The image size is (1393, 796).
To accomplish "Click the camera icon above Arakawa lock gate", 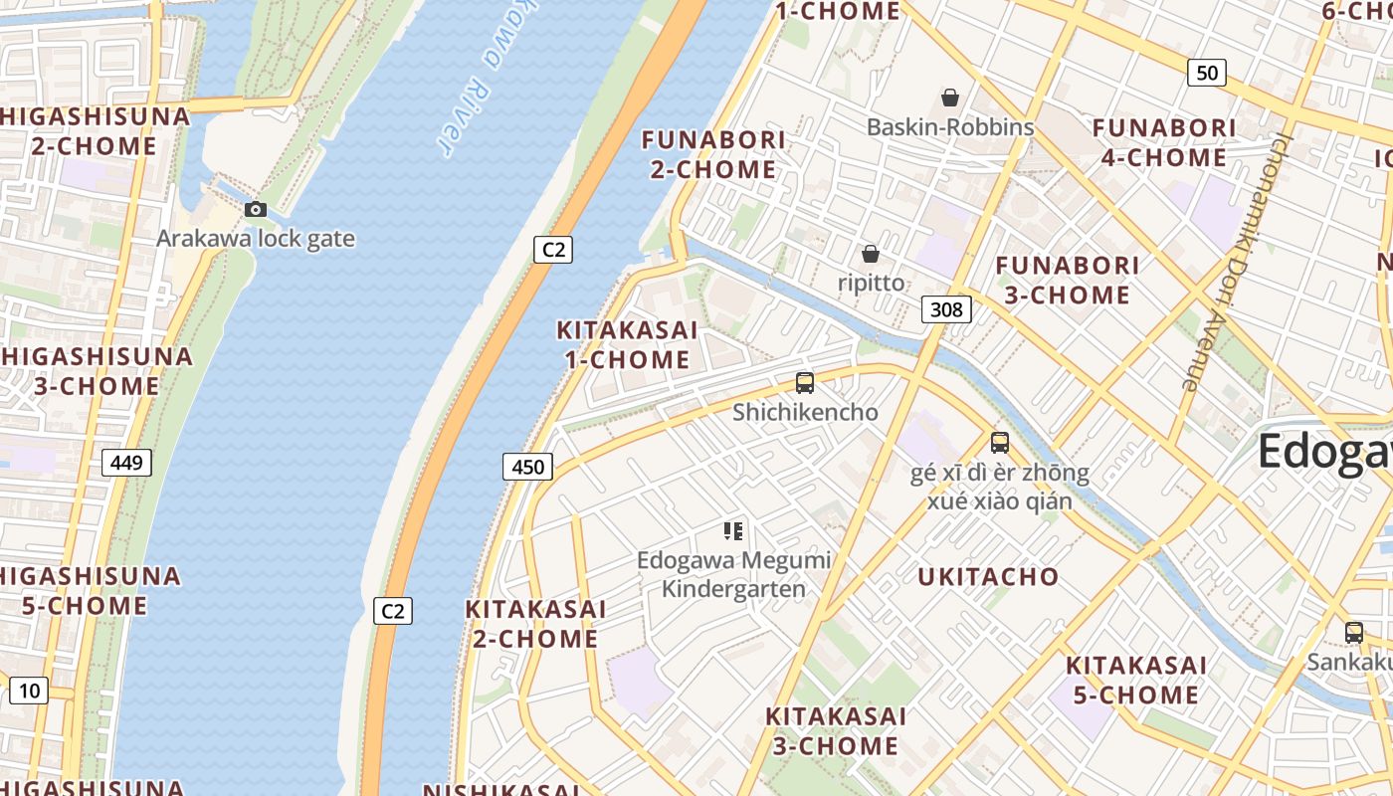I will click(256, 209).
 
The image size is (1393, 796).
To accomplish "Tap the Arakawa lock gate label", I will click(256, 239).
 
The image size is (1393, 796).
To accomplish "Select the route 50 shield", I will click(1207, 72).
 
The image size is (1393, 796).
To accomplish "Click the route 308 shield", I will click(945, 309).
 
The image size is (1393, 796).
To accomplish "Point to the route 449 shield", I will click(126, 462).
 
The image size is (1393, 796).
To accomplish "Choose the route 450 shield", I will click(527, 466).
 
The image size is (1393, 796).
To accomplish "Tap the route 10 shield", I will click(29, 690).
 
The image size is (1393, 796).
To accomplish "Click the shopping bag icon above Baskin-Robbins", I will click(950, 98).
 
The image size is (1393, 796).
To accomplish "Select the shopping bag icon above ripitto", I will click(871, 254).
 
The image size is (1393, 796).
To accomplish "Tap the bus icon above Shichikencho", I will click(805, 382).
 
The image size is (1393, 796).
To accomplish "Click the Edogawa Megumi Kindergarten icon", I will click(733, 531).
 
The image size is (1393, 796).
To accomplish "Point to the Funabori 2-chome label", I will click(713, 154).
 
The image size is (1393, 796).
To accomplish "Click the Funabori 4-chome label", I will click(1164, 142).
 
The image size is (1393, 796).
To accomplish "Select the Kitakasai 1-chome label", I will click(627, 344).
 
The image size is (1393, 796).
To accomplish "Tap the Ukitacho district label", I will click(988, 577).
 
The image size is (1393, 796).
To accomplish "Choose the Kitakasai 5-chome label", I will click(1136, 680).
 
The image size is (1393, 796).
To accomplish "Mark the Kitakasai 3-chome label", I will click(836, 730).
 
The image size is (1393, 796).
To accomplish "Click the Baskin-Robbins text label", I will click(950, 127).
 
